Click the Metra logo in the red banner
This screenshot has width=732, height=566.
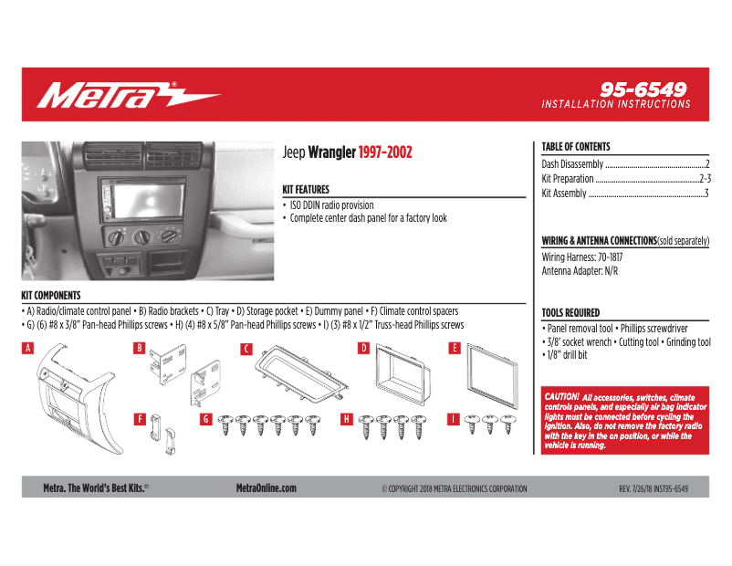(x=128, y=94)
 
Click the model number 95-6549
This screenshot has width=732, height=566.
(x=643, y=89)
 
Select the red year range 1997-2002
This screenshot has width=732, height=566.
(x=384, y=152)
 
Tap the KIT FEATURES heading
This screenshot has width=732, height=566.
(x=306, y=190)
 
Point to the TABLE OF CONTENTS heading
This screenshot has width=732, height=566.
(x=575, y=147)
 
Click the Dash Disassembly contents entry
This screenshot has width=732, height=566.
(x=572, y=164)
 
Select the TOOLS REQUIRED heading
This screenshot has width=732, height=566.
(x=570, y=312)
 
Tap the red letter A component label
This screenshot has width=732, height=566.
(x=27, y=348)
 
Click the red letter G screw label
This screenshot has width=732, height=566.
(x=206, y=419)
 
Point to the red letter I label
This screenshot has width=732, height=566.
(x=453, y=419)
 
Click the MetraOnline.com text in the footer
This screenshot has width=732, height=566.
(x=266, y=488)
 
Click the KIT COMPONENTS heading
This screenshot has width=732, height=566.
(x=50, y=296)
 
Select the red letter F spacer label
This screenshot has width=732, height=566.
(x=140, y=419)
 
